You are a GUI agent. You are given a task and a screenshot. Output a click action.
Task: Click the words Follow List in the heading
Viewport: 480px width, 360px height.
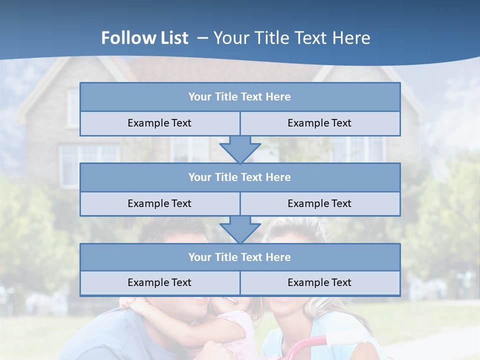tap(144, 38)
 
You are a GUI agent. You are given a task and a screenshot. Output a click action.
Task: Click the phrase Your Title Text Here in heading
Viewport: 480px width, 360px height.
tap(292, 38)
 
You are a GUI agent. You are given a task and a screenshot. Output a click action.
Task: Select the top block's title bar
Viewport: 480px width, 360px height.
tap(240, 97)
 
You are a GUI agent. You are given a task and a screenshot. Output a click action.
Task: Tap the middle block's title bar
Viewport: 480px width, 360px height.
tap(240, 177)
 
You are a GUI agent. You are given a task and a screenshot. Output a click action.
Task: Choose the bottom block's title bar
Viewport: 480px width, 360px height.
tap(240, 257)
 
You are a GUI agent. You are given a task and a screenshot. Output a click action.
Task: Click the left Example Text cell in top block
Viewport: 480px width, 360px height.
tap(160, 123)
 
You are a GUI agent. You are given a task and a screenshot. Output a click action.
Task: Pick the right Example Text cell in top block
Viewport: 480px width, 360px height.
tap(320, 123)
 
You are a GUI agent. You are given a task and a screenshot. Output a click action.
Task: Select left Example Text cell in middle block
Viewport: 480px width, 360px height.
tap(160, 203)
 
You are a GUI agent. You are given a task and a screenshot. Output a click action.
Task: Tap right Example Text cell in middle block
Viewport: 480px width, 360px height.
tap(320, 203)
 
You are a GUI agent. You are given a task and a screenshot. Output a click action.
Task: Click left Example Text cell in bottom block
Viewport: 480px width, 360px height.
tap(160, 283)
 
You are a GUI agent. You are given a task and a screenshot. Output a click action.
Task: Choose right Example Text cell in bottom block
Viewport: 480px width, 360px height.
tap(320, 283)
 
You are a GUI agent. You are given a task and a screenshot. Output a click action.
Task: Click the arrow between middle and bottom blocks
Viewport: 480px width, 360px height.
tap(240, 229)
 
